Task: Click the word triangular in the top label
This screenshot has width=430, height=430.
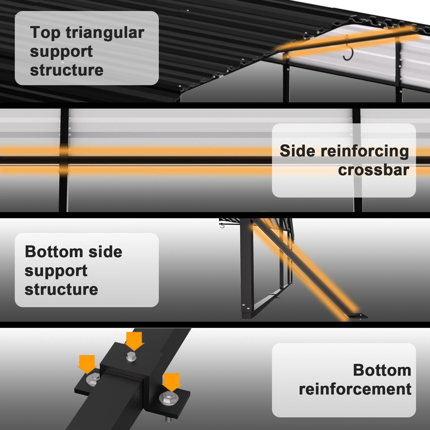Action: [x=105, y=33]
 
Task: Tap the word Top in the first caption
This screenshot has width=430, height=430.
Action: [x=45, y=33]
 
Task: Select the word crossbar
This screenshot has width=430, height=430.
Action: [x=373, y=170]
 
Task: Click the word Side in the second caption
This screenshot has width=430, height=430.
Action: [x=297, y=151]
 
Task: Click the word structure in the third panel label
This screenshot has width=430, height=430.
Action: [x=61, y=289]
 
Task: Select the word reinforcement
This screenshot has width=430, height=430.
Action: [x=355, y=389]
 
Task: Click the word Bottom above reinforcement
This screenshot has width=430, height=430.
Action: [x=382, y=370]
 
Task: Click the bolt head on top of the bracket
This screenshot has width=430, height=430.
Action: [x=131, y=356]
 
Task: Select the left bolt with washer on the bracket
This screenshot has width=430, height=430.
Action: [x=93, y=380]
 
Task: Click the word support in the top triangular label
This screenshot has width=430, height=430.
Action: [x=61, y=51]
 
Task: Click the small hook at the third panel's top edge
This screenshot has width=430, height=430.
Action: [x=222, y=226]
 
